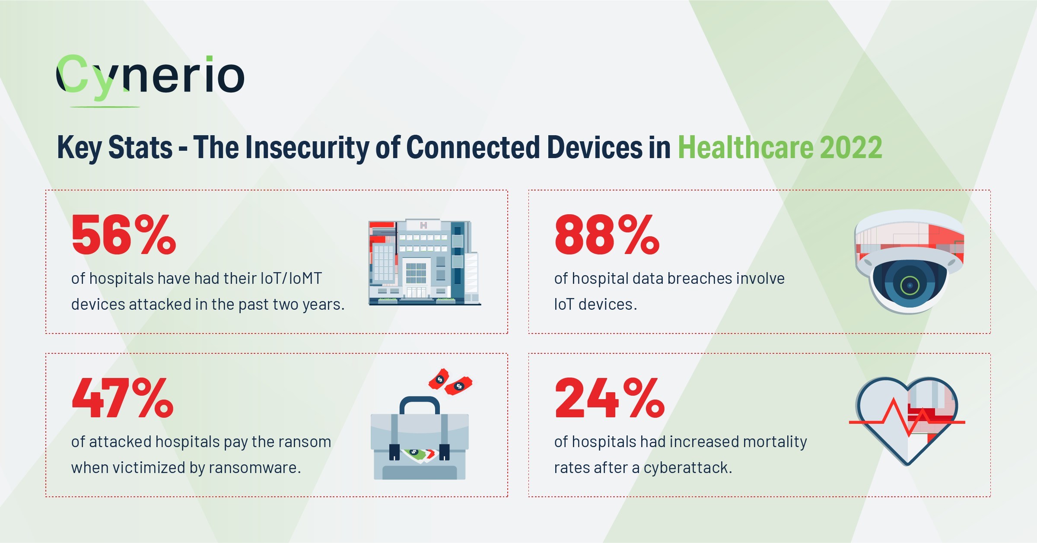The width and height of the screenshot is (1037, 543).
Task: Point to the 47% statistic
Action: (123, 398)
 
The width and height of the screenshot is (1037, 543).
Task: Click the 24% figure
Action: (609, 398)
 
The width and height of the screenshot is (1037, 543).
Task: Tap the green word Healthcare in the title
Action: (745, 148)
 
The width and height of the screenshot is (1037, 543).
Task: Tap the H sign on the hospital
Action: (423, 225)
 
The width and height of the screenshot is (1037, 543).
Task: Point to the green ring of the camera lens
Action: (910, 285)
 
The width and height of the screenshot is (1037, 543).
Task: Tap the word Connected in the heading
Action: (473, 148)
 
